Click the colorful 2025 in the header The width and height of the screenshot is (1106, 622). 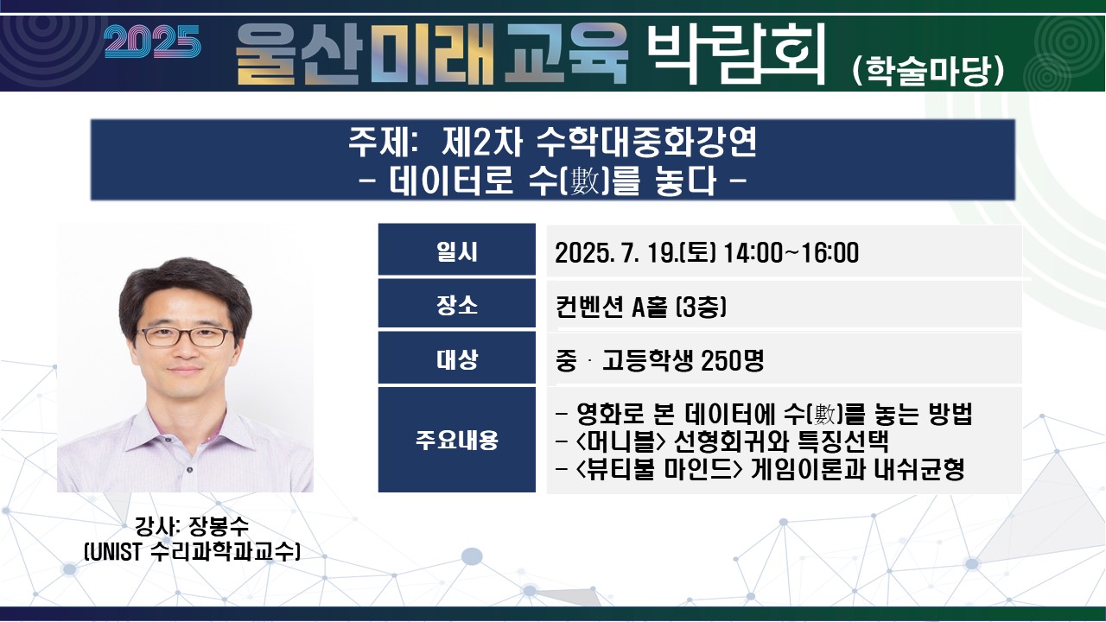coord(152,41)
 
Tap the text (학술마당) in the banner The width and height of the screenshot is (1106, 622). coord(928,71)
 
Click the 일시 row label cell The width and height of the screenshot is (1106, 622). coord(457,250)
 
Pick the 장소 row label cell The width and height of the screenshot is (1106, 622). coord(457,303)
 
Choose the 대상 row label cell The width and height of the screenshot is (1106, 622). coord(457,358)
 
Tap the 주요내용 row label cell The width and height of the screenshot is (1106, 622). coord(457,440)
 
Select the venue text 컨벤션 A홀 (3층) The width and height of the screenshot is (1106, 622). coord(641,307)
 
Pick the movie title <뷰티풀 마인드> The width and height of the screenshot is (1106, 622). coord(659,469)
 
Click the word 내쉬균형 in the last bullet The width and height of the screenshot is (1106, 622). coord(918,469)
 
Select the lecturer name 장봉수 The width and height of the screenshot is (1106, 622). coord(219,526)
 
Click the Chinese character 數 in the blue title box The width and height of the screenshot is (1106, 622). coord(583,181)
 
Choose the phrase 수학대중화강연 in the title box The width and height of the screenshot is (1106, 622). coord(646,142)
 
